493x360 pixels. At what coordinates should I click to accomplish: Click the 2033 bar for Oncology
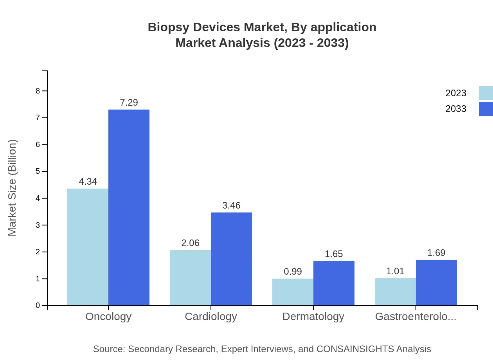point(129,207)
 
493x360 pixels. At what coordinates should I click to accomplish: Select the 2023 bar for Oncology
point(88,247)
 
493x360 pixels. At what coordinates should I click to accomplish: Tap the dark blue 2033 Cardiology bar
point(231,259)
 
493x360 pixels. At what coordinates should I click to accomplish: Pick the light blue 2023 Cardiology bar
point(190,277)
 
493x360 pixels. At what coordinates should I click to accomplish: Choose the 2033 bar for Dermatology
point(334,283)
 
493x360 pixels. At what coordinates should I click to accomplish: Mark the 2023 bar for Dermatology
point(293,292)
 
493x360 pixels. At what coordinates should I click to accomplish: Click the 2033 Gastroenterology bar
point(436,283)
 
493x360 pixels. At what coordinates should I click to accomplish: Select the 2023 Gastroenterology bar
point(395,292)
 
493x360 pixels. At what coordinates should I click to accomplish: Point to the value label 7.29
point(129,103)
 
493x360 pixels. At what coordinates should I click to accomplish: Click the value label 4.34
point(88,182)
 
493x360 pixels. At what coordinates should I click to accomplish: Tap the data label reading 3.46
point(231,205)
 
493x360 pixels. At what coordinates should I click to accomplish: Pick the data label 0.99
point(293,272)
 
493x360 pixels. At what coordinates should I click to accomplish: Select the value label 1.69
point(436,253)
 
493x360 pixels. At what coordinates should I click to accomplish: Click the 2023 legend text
point(456,93)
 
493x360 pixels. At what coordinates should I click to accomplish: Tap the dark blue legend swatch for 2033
point(486,109)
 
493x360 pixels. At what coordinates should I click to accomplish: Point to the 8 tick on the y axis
point(38,91)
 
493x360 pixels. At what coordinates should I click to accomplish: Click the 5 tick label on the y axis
point(38,171)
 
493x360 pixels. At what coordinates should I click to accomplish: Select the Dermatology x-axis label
point(313,316)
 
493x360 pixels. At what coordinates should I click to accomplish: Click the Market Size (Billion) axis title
point(13,188)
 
